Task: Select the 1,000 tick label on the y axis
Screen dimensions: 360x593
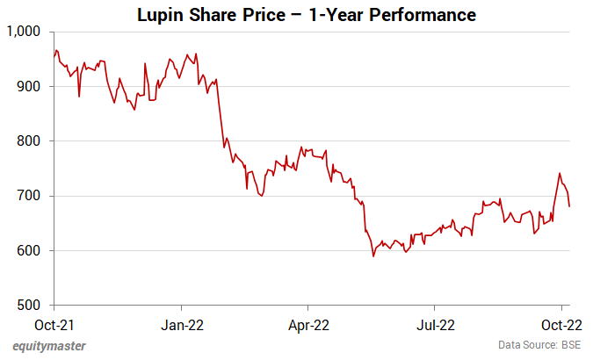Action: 24,32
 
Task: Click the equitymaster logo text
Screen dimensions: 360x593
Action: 49,346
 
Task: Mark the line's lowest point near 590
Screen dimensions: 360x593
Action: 373,256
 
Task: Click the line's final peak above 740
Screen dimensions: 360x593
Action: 560,174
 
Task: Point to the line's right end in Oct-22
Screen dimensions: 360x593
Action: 570,206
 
